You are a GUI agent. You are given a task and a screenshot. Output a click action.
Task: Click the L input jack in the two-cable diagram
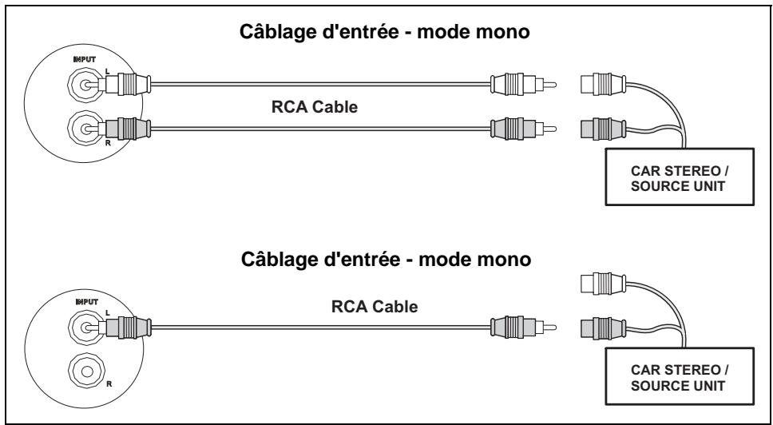click(x=82, y=82)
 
